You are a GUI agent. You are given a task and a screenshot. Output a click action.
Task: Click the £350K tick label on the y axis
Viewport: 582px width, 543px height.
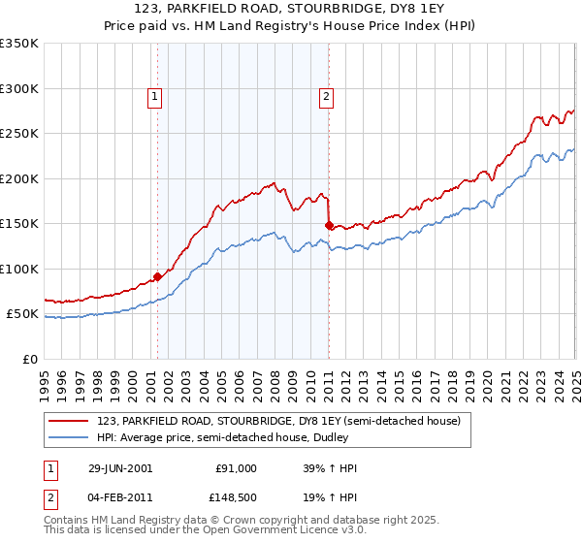point(19,44)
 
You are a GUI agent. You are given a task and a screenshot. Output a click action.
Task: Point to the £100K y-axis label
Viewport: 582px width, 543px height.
point(19,269)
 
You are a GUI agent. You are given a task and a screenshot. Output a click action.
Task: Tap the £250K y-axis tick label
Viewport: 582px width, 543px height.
point(19,134)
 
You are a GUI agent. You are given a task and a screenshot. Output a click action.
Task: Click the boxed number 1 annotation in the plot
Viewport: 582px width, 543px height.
point(155,96)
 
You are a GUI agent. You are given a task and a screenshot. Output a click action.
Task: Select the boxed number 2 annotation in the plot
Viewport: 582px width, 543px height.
point(327,96)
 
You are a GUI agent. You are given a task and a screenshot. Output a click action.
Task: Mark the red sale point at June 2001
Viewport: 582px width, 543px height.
point(157,276)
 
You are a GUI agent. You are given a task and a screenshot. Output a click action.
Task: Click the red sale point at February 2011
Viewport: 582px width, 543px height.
point(328,225)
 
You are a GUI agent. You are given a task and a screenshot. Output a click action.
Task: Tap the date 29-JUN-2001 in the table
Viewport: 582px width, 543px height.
point(119,468)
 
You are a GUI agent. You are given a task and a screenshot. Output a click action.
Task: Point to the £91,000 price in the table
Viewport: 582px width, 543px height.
point(236,468)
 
